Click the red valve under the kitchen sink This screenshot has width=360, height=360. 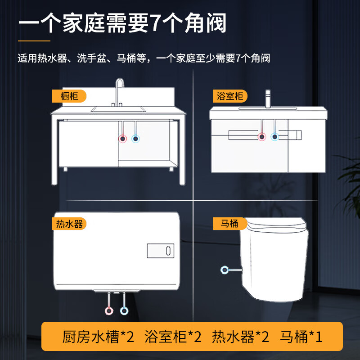[x=122, y=139]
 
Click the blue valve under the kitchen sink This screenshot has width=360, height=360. [x=135, y=139]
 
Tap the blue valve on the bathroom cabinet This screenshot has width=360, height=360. [x=274, y=136]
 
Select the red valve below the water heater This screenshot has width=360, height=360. [x=109, y=310]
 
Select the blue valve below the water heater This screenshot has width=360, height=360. [x=124, y=310]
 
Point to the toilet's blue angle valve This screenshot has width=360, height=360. [x=225, y=270]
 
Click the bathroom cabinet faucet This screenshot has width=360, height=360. [x=268, y=99]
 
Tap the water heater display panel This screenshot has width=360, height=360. [x=160, y=251]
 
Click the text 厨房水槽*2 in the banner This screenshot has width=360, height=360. [x=98, y=337]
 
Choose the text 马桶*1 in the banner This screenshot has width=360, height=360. [x=301, y=337]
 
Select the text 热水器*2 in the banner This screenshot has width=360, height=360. [x=240, y=337]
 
